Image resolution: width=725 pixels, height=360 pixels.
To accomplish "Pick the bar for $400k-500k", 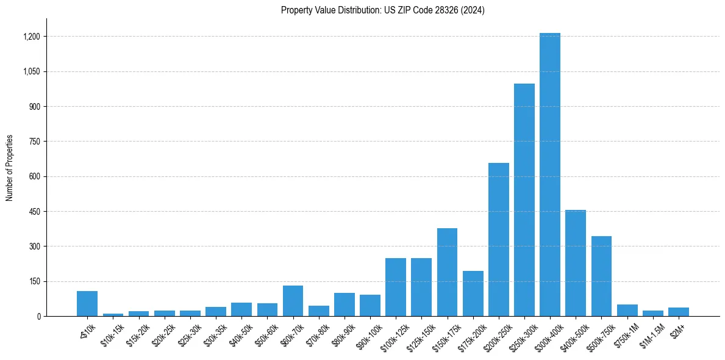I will [575, 263].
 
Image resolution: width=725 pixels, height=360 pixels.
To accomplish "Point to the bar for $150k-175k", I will [447, 272].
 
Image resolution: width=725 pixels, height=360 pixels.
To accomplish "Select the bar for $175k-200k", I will [473, 293].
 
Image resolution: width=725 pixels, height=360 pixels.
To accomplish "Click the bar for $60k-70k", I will [293, 301].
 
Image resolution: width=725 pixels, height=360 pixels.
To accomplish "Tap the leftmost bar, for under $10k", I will [87, 304].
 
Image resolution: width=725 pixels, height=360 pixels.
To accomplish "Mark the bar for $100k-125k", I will [395, 287].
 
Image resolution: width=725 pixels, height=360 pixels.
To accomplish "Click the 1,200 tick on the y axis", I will [31, 37].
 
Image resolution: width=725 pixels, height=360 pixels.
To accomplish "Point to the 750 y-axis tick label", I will [34, 142].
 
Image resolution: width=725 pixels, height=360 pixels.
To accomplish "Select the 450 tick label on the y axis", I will [34, 212].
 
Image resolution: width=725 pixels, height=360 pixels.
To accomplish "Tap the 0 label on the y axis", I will [38, 317].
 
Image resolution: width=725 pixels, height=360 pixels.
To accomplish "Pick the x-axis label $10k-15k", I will [111, 334].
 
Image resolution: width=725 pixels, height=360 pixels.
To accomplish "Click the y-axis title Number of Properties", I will [9, 168].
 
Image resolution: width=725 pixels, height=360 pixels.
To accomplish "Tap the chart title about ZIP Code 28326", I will [383, 10].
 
